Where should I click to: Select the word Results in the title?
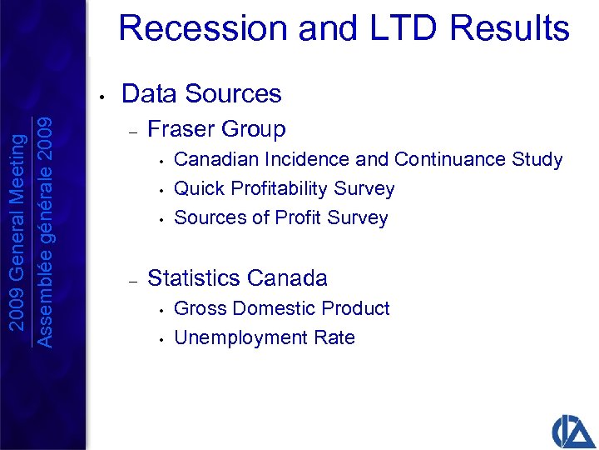click(x=508, y=28)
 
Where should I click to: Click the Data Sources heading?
click(x=201, y=93)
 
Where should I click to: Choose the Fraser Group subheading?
click(x=216, y=129)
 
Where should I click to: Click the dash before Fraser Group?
click(x=131, y=131)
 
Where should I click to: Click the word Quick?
click(x=200, y=189)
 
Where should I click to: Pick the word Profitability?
click(x=283, y=189)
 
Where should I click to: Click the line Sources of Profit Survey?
click(x=281, y=218)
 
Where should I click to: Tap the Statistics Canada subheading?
click(x=237, y=277)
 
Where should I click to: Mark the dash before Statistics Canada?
click(x=131, y=279)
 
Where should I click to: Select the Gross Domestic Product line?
click(x=281, y=308)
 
